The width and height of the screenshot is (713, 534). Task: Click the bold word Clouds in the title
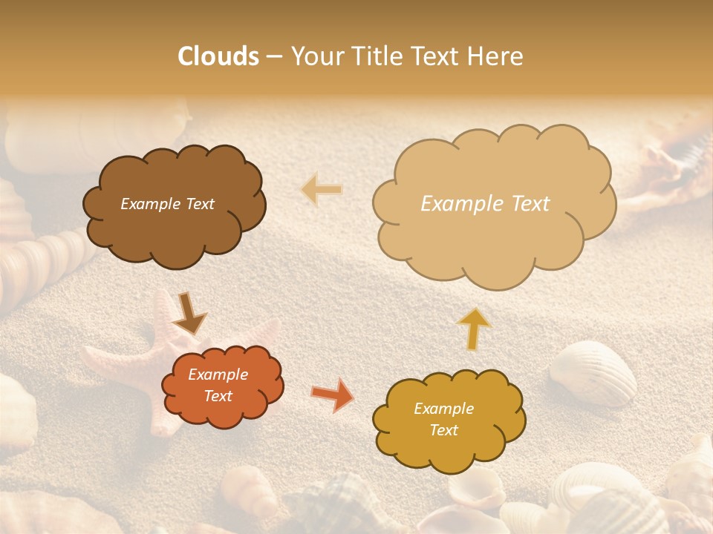[218, 56]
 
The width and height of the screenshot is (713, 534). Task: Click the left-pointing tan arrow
[322, 190]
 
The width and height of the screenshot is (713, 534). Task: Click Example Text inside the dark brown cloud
[167, 204]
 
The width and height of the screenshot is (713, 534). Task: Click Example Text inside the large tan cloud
[485, 204]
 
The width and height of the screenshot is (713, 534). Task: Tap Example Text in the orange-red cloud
[218, 385]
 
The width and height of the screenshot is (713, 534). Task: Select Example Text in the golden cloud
[443, 419]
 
